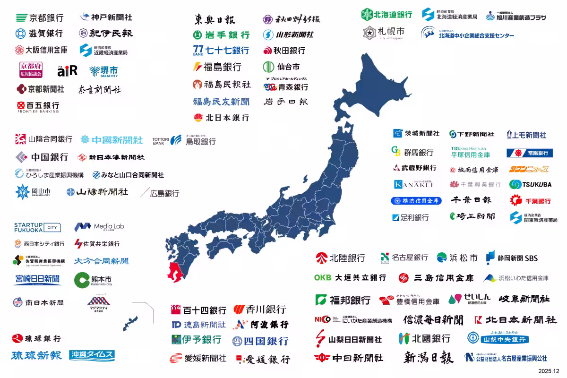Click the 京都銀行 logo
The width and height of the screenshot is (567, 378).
(x=40, y=18)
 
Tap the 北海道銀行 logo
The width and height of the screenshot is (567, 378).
(x=387, y=15)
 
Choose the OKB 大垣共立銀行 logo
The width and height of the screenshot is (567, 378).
(x=350, y=277)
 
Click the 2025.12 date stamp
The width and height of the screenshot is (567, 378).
(x=549, y=371)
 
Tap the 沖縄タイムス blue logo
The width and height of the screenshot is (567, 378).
(x=92, y=355)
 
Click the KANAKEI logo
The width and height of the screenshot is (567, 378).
(x=413, y=184)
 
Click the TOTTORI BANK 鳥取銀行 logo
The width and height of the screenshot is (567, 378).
(x=184, y=140)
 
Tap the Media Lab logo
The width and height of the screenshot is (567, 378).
(x=99, y=227)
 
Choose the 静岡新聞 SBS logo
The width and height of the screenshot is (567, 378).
(x=512, y=258)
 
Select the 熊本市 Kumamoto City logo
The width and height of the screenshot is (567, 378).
(x=93, y=280)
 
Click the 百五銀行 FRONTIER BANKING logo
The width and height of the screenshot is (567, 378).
(x=38, y=107)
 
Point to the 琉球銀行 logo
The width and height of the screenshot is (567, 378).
(x=36, y=338)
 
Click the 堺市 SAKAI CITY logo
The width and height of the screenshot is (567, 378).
(x=103, y=71)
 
